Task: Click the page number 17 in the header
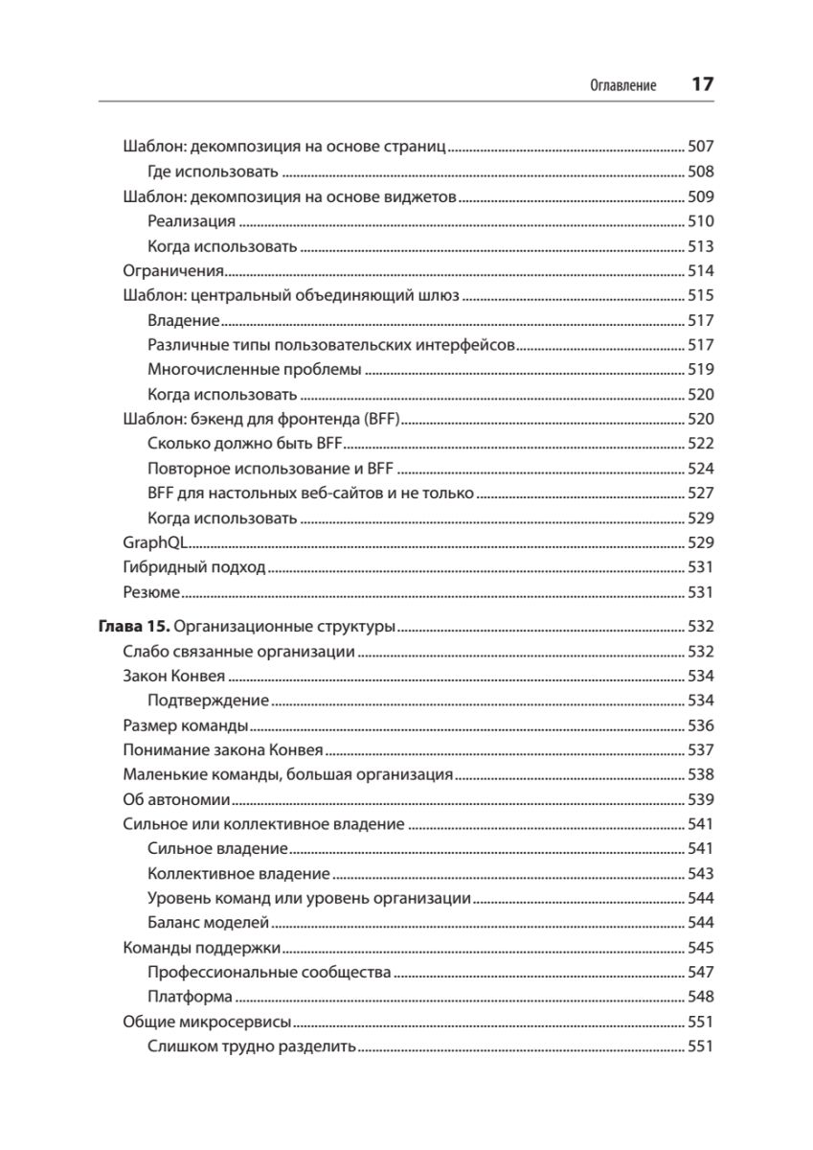[x=702, y=84]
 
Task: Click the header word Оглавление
[x=622, y=85]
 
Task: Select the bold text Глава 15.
[x=134, y=628]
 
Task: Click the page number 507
[x=702, y=148]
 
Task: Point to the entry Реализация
[x=192, y=221]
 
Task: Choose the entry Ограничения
[x=173, y=271]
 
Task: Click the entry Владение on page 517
[x=184, y=320]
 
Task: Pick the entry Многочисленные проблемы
[x=255, y=369]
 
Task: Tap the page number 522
[x=702, y=444]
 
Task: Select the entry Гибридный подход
[x=194, y=567]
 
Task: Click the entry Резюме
[x=152, y=592]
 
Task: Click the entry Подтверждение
[x=209, y=701]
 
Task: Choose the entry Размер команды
[x=187, y=725]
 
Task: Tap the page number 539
[x=702, y=799]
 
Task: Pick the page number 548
[x=702, y=997]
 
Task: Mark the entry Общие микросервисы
[x=208, y=1022]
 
